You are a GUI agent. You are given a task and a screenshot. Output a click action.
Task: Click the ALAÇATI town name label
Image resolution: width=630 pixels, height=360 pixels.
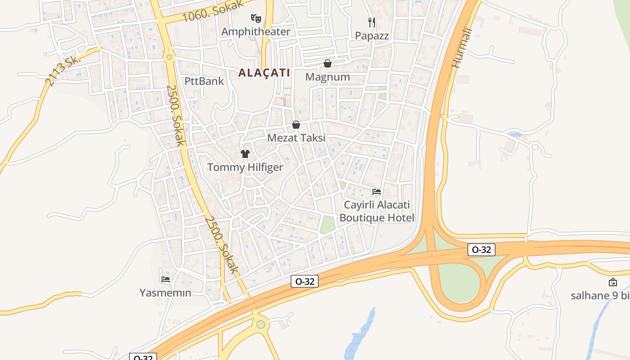coord(264,73)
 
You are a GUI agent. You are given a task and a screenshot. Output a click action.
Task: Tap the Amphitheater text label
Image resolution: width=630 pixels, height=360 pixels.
coord(256,31)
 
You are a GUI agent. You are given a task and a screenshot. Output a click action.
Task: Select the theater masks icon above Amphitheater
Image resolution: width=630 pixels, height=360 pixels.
coord(256,18)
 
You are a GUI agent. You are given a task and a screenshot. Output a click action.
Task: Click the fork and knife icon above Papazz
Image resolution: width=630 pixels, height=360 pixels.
coord(372,22)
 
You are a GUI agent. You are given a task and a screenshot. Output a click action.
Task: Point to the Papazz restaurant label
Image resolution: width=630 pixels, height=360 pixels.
coord(372,36)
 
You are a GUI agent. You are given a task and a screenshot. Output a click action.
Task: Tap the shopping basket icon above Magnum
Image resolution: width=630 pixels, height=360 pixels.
coord(328,63)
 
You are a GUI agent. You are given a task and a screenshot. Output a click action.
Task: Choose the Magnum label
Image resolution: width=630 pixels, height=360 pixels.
coord(328,77)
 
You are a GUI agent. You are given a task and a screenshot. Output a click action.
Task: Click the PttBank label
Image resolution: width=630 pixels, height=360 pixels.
coord(204,81)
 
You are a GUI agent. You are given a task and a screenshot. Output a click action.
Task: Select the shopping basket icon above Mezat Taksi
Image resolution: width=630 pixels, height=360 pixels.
coord(296,125)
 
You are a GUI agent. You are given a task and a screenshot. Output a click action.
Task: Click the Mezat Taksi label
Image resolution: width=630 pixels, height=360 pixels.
coord(296,138)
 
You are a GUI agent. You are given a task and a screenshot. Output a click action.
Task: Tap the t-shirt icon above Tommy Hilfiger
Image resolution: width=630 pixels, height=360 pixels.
coord(245,154)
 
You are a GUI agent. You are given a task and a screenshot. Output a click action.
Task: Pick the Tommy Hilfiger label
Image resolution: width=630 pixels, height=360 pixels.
coord(245,167)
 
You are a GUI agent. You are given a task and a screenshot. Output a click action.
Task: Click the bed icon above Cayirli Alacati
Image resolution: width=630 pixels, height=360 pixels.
coord(377,192)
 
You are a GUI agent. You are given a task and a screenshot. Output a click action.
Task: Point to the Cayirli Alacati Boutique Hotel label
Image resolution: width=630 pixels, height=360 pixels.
coord(377,211)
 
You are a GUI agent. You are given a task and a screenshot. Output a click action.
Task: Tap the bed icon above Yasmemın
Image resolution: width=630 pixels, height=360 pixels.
coord(165,279)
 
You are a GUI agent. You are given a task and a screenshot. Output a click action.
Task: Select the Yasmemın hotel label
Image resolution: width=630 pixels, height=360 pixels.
coord(165,293)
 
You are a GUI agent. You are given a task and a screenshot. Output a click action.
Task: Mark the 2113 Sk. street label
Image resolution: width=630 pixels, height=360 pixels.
coord(63,70)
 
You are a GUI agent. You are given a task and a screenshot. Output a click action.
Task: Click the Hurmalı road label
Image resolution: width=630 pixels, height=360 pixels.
coord(462,48)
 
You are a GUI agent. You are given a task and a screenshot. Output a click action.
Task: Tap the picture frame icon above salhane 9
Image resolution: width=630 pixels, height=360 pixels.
coord(612,282)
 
